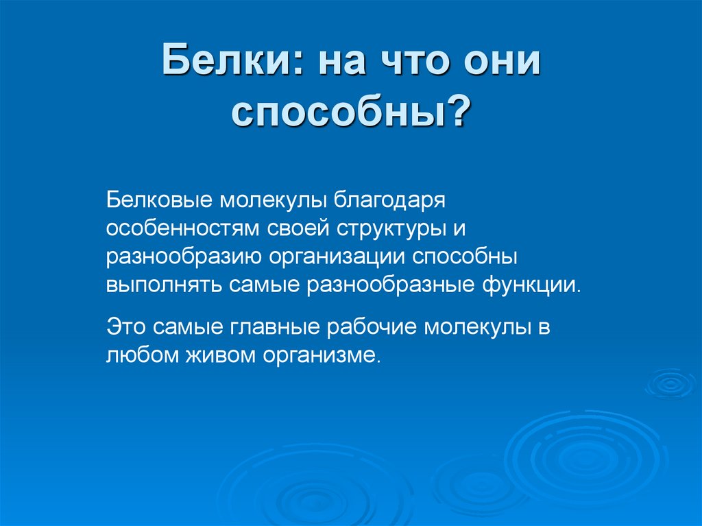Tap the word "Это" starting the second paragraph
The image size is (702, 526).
[125, 326]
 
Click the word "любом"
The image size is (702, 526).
[136, 355]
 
